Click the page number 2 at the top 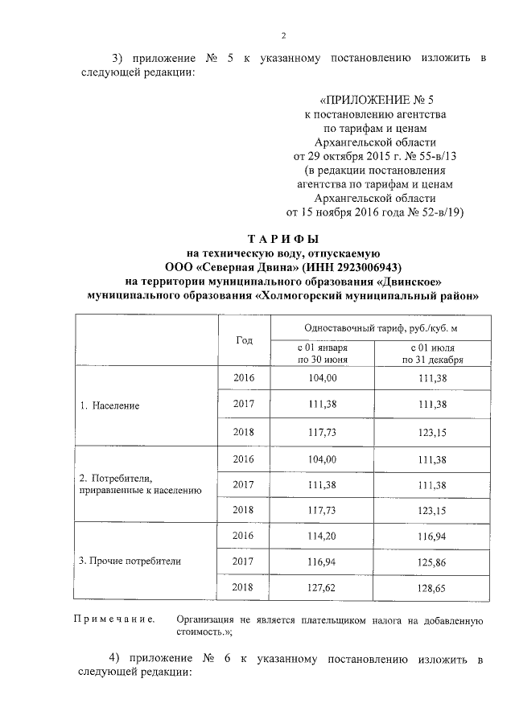[283, 35]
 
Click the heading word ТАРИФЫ [282, 239]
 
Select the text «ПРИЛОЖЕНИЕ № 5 [376, 101]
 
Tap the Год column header [245, 339]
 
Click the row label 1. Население [115, 405]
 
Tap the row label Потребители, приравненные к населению [135, 483]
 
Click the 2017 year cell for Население [243, 405]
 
